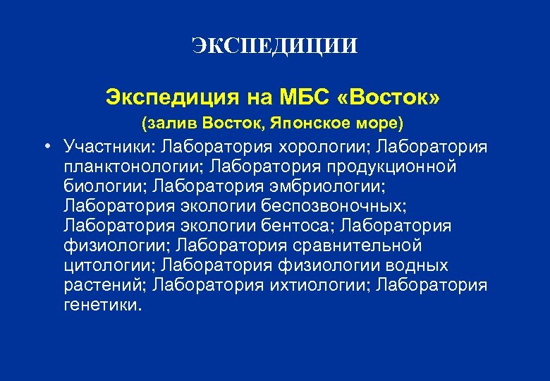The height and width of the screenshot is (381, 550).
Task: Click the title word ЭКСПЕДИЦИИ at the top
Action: pos(274,47)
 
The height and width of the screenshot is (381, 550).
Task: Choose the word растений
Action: pos(103,286)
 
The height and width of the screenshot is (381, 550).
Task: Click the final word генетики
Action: pos(102,306)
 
